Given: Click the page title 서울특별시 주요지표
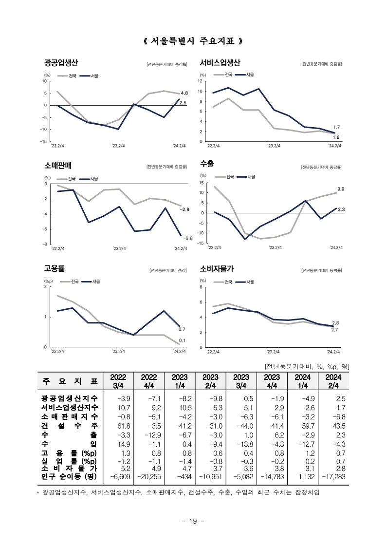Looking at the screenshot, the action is click(x=193, y=41).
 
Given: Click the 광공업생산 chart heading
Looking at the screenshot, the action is click(x=61, y=63).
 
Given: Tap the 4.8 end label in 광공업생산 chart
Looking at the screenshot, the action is click(x=184, y=93).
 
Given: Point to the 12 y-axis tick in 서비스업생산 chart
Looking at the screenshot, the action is click(x=200, y=81).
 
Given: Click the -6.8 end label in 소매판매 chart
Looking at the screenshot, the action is click(x=187, y=238).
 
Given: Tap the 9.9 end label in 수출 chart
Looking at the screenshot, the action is click(x=341, y=189).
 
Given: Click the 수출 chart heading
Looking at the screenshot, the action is click(x=207, y=164).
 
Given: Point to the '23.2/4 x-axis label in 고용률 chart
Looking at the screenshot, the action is click(x=118, y=351).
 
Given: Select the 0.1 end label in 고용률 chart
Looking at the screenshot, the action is click(x=182, y=340).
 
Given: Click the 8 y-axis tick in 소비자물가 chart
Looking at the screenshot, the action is click(x=201, y=287).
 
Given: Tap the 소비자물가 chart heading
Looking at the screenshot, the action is click(x=217, y=269).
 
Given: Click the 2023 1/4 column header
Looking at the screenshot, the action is click(x=180, y=381).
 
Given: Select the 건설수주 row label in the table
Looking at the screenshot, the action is click(x=70, y=426).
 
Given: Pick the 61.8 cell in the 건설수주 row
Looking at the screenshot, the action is click(x=124, y=426).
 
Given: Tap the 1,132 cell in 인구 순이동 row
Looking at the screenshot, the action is click(x=307, y=476).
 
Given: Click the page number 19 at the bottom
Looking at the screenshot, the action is click(x=193, y=521).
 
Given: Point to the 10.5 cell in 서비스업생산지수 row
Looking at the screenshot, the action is click(x=185, y=408).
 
